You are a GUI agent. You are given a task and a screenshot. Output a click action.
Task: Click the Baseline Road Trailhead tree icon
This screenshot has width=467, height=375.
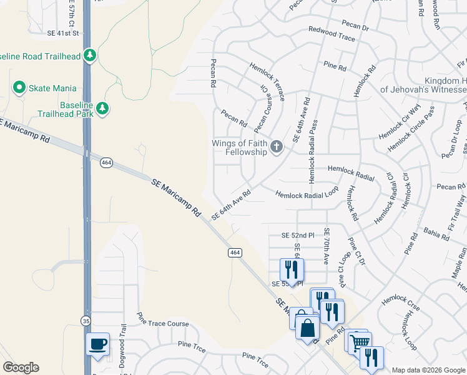coord(91,56)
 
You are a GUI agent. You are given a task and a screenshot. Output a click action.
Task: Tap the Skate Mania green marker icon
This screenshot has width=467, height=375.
coord(19,88)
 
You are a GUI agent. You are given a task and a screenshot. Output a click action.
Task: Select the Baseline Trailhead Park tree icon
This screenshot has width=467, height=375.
coord(102,109)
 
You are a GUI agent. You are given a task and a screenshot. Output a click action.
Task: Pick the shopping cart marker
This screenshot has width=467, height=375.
coord(359,341)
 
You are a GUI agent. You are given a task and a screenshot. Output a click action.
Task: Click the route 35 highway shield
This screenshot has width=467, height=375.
coord(86,320)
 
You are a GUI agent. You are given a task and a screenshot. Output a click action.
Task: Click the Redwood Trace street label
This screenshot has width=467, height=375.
coord(332,34)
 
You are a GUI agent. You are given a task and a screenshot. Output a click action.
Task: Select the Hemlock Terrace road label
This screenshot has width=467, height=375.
coord(268,81)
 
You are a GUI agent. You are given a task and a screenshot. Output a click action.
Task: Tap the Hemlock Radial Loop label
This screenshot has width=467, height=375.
coord(307,195)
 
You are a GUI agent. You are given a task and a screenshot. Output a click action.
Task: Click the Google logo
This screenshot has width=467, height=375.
coord(21,367)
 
